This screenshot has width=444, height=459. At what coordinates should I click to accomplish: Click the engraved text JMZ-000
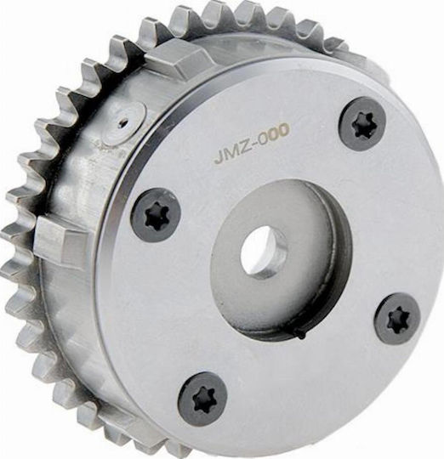click(x=251, y=143)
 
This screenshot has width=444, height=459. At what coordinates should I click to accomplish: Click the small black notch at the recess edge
click(x=299, y=333)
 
